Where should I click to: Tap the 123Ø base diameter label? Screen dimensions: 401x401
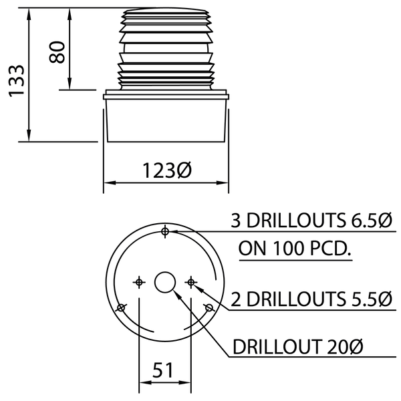(x=166, y=170)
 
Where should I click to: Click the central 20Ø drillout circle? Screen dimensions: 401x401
(x=164, y=283)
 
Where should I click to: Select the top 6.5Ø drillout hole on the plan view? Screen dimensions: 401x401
(x=164, y=231)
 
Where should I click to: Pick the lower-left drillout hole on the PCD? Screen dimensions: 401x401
(x=121, y=307)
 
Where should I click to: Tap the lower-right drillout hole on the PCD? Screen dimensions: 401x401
(x=209, y=307)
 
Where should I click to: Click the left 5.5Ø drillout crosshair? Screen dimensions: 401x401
(x=139, y=282)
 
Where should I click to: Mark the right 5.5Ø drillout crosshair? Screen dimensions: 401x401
(x=190, y=282)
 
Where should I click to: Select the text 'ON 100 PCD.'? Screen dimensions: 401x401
(x=295, y=249)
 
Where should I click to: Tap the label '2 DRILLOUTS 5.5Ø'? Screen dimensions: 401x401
(x=311, y=298)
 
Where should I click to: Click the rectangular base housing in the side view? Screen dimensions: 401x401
(x=166, y=120)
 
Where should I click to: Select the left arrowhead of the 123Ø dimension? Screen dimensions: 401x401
(x=108, y=183)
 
